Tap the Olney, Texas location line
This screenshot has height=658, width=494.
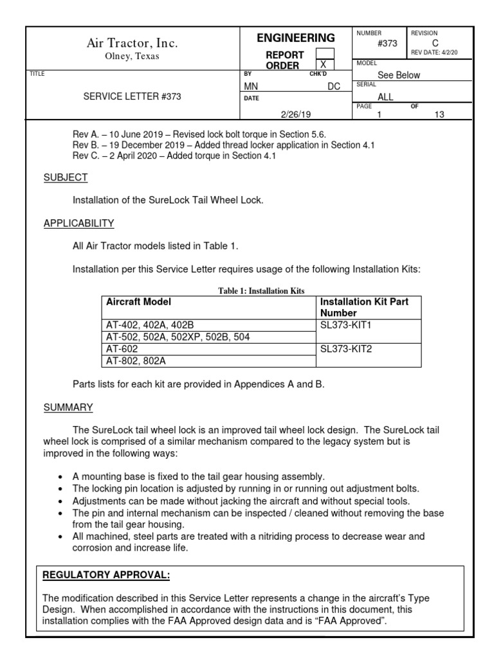point(132,56)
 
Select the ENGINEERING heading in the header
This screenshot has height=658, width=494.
point(295,38)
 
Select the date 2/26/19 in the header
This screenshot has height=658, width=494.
point(295,114)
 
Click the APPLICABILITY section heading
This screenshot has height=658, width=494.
point(78,224)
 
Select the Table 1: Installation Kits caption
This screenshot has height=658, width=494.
point(261,291)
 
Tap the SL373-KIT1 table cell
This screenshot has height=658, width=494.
point(345,325)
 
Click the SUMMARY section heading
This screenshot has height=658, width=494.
point(68,407)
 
